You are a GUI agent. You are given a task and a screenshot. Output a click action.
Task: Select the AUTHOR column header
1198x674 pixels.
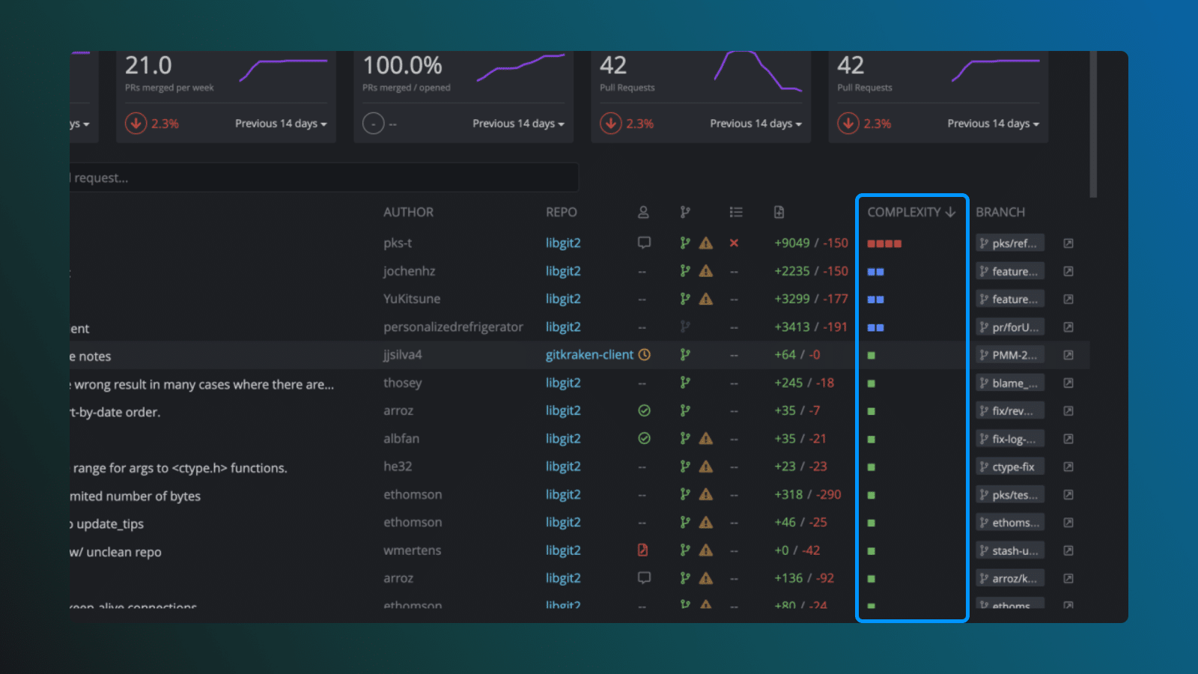coord(408,213)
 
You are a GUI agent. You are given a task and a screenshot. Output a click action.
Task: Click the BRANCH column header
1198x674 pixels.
coord(1000,213)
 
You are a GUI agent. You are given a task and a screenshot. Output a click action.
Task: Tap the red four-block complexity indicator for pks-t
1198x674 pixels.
coord(884,243)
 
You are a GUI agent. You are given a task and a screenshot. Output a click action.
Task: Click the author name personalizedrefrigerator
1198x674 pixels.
coord(453,327)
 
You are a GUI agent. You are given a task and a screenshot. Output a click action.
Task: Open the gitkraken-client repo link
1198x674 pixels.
coord(589,355)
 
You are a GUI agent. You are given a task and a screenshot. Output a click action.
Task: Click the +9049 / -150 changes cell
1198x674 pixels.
coord(811,243)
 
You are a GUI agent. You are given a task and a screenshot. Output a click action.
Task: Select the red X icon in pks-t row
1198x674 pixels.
coord(734,243)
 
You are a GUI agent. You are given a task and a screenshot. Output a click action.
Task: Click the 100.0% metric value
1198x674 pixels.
coord(402,66)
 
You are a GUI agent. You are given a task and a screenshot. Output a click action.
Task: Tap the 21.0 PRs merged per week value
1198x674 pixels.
coord(148,66)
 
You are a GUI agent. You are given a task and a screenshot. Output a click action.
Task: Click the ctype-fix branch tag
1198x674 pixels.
coord(1010,467)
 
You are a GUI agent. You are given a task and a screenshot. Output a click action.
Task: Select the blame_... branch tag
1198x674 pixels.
coord(1010,383)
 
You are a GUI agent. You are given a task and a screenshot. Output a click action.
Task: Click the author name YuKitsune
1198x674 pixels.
coord(412,299)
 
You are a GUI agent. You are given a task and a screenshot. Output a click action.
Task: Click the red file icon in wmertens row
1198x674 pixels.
coord(642,550)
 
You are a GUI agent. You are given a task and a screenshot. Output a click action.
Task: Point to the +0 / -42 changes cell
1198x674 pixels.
coord(797,550)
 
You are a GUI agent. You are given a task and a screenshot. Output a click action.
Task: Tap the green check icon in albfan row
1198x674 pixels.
coord(644,439)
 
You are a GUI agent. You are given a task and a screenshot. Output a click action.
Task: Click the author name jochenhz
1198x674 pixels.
coord(409,271)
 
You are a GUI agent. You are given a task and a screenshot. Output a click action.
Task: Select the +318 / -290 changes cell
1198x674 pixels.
coord(807,495)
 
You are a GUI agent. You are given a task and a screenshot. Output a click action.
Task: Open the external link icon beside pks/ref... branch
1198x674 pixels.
coord(1068,243)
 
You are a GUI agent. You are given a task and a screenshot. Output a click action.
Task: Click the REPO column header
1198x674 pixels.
coord(561,213)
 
